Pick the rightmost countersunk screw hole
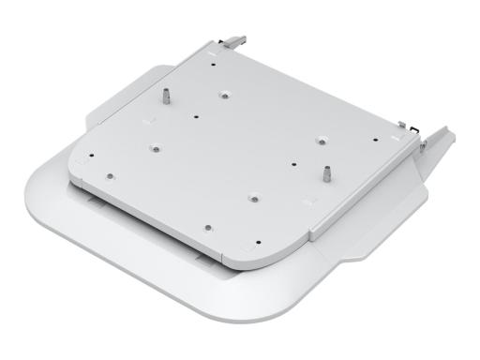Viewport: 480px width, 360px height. tap(320, 139)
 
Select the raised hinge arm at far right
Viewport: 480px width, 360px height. tap(437, 141)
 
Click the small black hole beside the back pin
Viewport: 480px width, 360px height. tap(195, 117)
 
